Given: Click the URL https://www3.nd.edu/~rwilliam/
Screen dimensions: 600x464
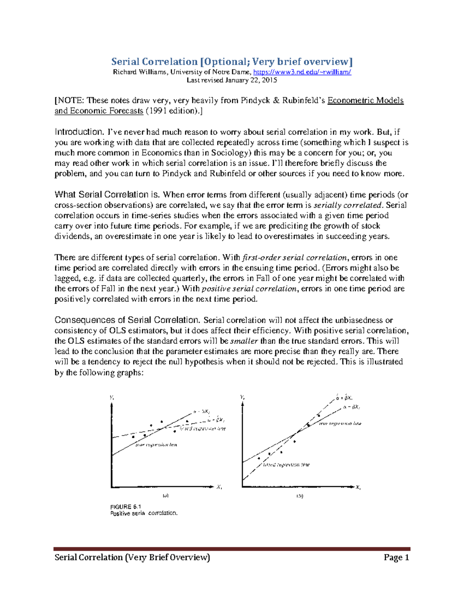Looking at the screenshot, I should pyautogui.click(x=302, y=72).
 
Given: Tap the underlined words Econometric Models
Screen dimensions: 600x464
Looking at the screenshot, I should pyautogui.click(x=365, y=100).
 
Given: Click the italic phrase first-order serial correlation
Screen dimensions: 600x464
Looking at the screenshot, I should pyautogui.click(x=295, y=258).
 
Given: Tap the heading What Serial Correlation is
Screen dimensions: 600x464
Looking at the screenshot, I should pyautogui.click(x=107, y=194).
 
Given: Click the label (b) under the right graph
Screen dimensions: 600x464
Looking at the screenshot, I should pyautogui.click(x=300, y=496).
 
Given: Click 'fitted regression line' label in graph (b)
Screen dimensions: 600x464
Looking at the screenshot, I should pyautogui.click(x=286, y=465).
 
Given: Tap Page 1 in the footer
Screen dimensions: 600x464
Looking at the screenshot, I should pyautogui.click(x=396, y=557).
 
